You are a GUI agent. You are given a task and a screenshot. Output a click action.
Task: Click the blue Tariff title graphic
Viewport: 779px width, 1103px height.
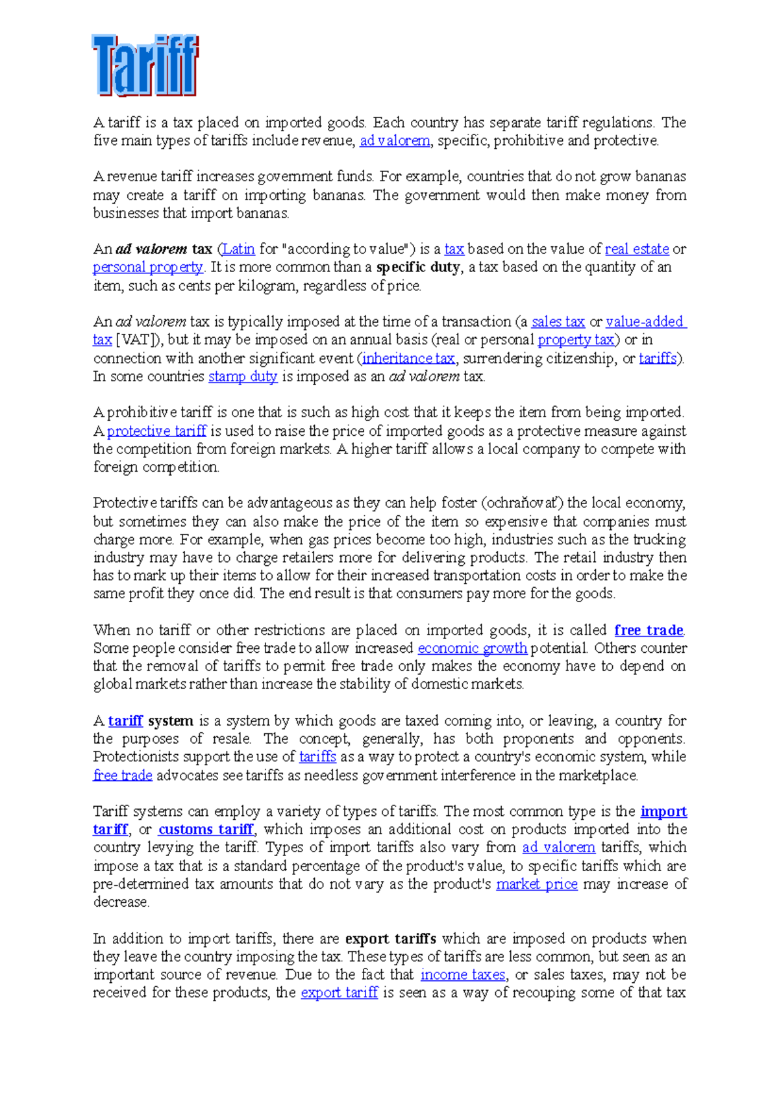[145, 66]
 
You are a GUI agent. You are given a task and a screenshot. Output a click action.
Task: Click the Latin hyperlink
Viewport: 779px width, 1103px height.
[238, 249]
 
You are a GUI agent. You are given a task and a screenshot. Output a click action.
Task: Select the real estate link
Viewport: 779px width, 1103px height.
[637, 249]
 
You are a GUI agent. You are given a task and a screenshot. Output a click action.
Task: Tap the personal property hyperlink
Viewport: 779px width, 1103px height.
[148, 267]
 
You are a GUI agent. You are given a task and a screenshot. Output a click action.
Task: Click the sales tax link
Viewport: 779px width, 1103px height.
[558, 322]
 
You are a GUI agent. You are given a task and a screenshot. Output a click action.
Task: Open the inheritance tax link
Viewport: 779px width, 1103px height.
[408, 358]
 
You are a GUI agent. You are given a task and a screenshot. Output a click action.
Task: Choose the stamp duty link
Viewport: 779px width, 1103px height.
[243, 376]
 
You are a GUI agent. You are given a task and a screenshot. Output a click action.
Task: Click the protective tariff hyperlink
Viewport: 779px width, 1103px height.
[156, 431]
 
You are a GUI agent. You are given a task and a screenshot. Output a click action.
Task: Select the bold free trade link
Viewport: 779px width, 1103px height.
[649, 630]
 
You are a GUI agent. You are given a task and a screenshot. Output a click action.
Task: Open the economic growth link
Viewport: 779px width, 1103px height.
[473, 648]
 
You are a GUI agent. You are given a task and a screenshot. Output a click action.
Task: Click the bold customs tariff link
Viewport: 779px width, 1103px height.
[206, 830]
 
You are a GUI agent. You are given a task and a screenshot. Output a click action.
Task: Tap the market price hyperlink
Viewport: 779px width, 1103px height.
[537, 884]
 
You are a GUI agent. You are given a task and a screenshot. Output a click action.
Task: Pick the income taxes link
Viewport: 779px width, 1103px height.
[463, 974]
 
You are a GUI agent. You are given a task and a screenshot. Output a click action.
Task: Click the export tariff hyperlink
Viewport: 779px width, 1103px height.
[340, 993]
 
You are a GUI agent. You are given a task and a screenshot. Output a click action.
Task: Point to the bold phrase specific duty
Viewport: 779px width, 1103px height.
[419, 267]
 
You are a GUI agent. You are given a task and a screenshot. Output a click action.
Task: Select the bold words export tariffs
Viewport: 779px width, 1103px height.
[391, 939]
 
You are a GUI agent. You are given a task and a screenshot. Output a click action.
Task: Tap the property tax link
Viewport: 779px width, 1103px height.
[576, 340]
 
